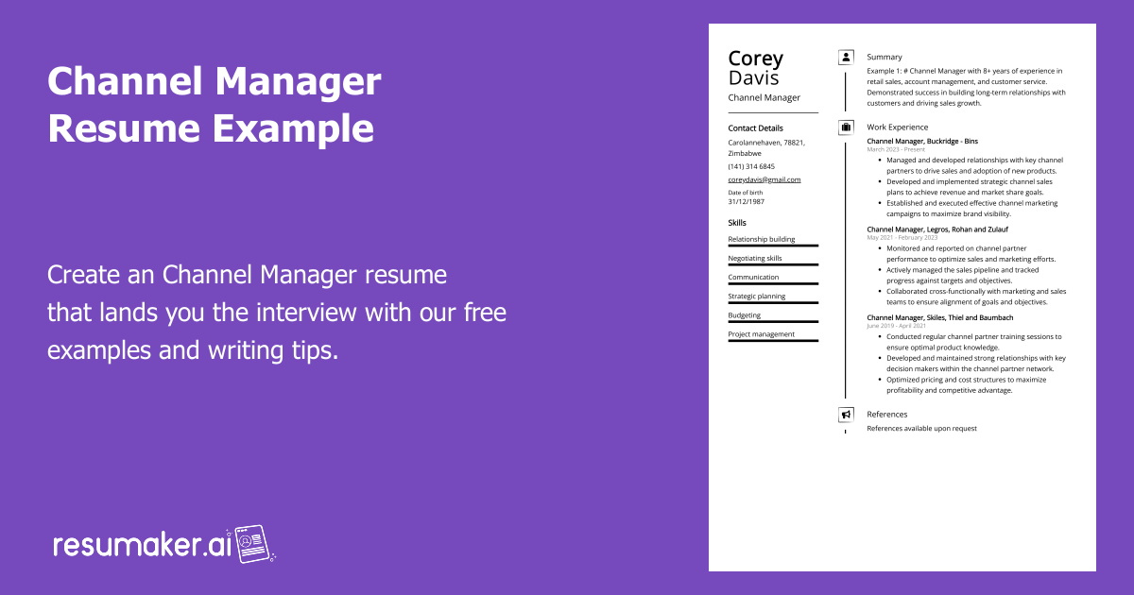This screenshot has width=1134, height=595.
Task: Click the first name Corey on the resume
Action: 756,59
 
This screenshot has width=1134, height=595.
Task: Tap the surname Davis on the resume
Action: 754,77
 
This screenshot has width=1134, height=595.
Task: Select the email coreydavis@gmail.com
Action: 765,179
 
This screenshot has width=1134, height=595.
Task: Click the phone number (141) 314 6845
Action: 751,166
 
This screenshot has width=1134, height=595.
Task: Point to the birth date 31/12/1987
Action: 747,201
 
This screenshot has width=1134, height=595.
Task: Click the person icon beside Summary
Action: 846,57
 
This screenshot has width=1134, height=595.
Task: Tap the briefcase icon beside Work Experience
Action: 846,127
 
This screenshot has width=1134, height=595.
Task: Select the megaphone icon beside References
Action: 846,415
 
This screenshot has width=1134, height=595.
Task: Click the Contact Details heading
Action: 755,127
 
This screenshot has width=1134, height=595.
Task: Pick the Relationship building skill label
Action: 762,239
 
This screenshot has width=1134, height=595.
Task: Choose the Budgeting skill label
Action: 744,314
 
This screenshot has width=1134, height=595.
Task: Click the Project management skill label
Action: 761,333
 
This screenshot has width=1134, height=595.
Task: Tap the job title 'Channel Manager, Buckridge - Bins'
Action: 922,141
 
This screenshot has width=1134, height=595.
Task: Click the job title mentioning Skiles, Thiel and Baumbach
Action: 940,317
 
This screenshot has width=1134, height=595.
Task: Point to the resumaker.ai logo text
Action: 142,545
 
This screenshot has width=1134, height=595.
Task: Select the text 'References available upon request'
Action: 922,429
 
